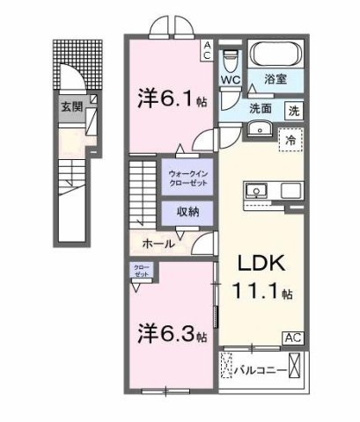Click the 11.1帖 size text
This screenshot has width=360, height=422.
[261, 292]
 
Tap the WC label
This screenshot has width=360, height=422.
[231, 80]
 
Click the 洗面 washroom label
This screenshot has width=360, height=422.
[260, 110]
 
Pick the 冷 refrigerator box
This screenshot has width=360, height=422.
[289, 139]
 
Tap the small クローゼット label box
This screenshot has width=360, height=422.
[142, 272]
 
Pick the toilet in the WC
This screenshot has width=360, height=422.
[231, 59]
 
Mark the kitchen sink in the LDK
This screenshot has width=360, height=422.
[259, 189]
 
